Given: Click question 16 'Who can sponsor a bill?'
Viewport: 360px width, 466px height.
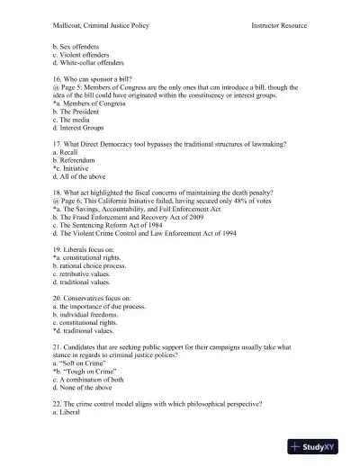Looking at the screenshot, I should (x=95, y=78).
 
